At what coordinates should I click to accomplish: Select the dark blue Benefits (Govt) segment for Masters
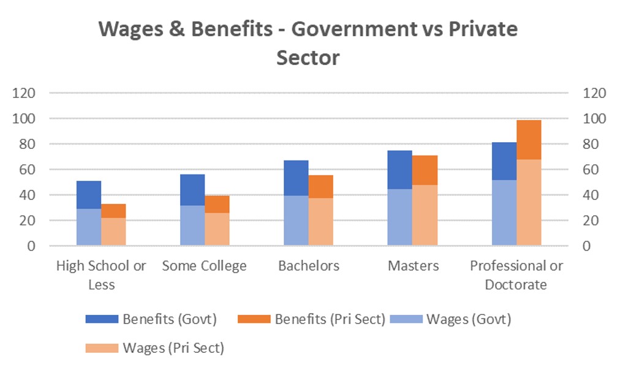pyautogui.click(x=399, y=170)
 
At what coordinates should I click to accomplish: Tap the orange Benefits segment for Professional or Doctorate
pyautogui.click(x=529, y=140)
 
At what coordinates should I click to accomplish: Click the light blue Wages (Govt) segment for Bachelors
pyautogui.click(x=296, y=221)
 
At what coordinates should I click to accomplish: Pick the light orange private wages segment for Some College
pyautogui.click(x=217, y=229)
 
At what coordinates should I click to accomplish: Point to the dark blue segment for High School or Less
pyautogui.click(x=89, y=195)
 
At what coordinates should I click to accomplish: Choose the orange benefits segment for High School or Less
pyautogui.click(x=113, y=211)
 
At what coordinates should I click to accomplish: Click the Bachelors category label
pyautogui.click(x=309, y=266)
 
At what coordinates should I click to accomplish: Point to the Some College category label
pyautogui.click(x=205, y=266)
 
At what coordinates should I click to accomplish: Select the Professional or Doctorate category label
pyautogui.click(x=517, y=275)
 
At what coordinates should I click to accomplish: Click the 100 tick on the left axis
pyautogui.click(x=25, y=118)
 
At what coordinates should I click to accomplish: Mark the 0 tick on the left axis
pyautogui.click(x=30, y=246)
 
